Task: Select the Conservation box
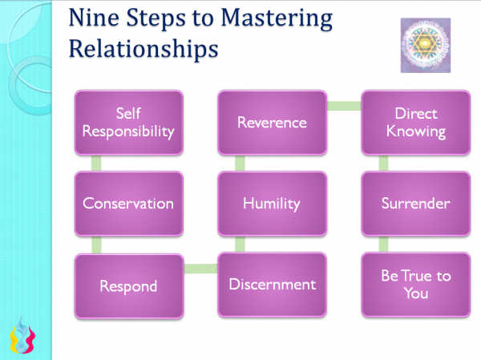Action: (128, 204)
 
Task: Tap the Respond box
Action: (128, 285)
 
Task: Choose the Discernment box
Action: (272, 285)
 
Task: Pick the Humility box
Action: (272, 204)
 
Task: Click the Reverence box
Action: (272, 123)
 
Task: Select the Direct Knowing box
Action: (415, 123)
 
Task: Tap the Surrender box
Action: (415, 204)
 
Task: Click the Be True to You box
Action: (415, 285)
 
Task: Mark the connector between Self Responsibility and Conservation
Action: (95, 163)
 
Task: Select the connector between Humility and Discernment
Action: (239, 244)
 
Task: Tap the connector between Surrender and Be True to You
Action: (382, 244)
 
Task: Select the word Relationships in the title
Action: (143, 47)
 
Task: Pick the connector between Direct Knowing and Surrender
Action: (382, 163)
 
